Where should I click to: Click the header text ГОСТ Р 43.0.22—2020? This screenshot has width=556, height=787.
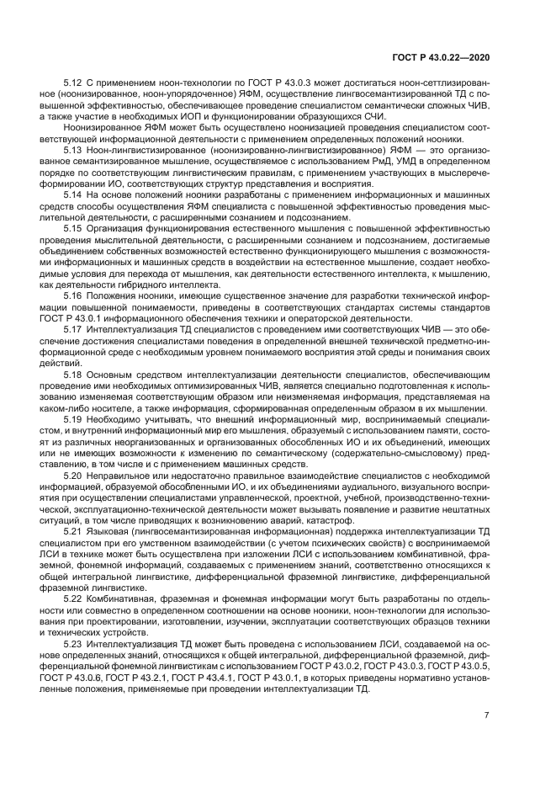click(x=441, y=56)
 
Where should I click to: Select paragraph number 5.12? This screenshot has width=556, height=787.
click(x=74, y=85)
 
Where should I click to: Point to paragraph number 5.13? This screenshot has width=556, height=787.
click(x=74, y=149)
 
